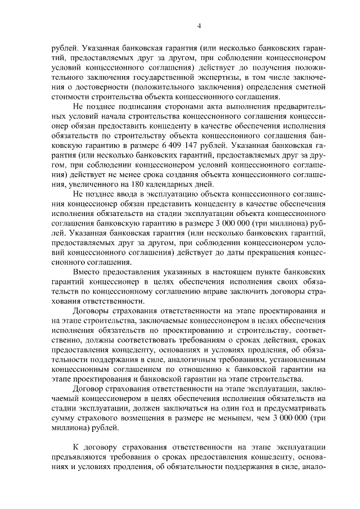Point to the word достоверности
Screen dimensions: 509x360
coord(94,84)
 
